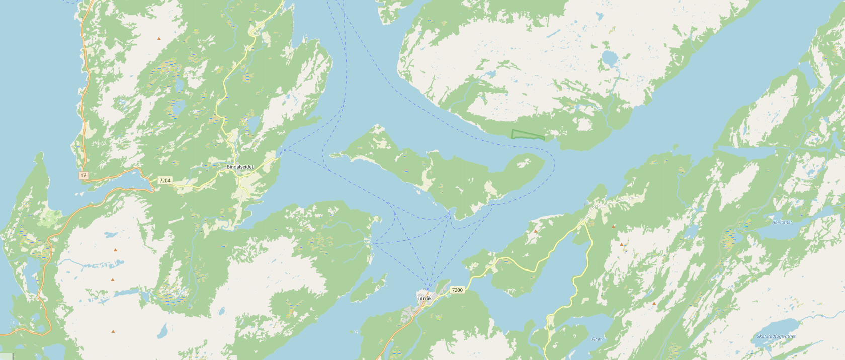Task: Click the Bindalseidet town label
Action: pyautogui.click(x=240, y=167)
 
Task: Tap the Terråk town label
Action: pyautogui.click(x=425, y=298)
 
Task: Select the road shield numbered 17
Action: pyautogui.click(x=83, y=175)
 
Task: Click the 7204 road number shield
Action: pyautogui.click(x=164, y=180)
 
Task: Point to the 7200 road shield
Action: pyautogui.click(x=457, y=290)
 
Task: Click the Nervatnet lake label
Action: pyautogui.click(x=782, y=222)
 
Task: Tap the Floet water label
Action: pyautogui.click(x=597, y=339)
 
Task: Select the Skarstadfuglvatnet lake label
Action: pyautogui.click(x=776, y=336)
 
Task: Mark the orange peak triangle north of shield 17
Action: pyautogui.click(x=159, y=39)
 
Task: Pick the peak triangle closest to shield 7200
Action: pyautogui.click(x=536, y=232)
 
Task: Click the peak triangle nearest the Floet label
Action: pyautogui.click(x=654, y=304)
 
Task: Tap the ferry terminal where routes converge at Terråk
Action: pyautogui.click(x=428, y=289)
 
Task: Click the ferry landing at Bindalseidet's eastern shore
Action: pyautogui.click(x=278, y=152)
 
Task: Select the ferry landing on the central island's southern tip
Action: pyautogui.click(x=451, y=212)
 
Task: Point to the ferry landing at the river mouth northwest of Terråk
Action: pyautogui.click(x=371, y=243)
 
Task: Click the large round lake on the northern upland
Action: pyautogui.click(x=609, y=59)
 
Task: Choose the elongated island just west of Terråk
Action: pyautogui.click(x=369, y=288)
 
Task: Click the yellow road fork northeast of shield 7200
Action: pyautogui.click(x=585, y=222)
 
